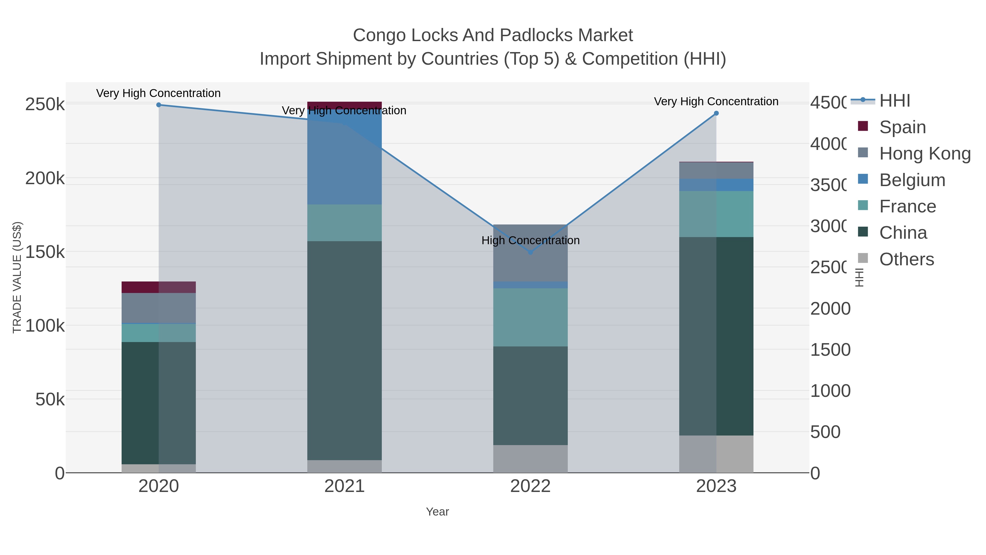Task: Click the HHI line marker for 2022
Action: tap(530, 252)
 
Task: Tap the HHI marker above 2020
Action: tap(159, 105)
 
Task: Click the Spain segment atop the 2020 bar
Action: tap(159, 287)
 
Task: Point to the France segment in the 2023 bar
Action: tap(716, 214)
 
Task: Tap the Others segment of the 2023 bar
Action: tap(716, 454)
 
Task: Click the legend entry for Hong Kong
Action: tap(925, 153)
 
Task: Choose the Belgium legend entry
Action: tap(912, 180)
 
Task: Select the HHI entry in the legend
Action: tap(895, 101)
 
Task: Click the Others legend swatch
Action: tap(863, 258)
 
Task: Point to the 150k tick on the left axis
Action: tap(45, 252)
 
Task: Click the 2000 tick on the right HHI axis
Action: tap(830, 309)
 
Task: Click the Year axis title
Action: tap(437, 512)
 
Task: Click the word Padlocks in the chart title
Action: tap(531, 35)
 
